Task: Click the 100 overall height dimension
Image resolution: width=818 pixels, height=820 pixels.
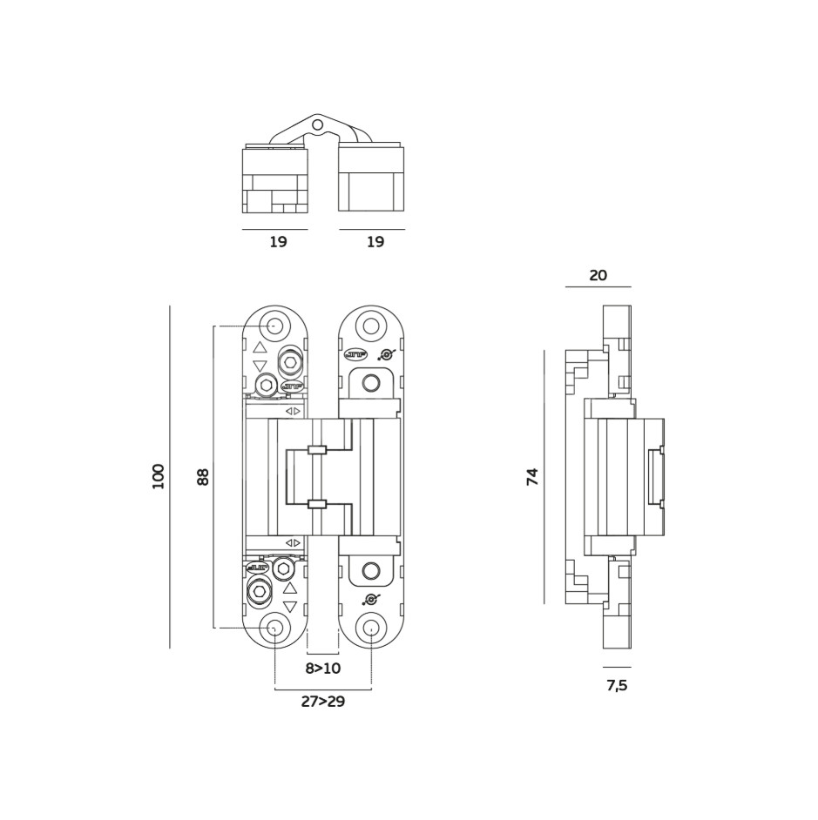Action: (x=159, y=476)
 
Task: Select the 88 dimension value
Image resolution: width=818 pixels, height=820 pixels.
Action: (x=204, y=476)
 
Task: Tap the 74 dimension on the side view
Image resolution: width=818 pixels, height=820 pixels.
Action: (x=533, y=476)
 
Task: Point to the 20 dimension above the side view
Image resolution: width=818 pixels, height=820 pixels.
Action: (x=598, y=275)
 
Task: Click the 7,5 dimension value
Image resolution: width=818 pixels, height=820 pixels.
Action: (x=617, y=686)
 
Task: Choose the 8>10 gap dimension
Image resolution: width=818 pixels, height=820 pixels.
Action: (x=322, y=669)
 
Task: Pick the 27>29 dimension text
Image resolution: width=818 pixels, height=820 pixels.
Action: (x=322, y=702)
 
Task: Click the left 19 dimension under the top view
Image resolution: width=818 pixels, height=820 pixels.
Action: (x=278, y=243)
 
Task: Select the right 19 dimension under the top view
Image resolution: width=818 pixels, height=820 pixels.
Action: (x=375, y=243)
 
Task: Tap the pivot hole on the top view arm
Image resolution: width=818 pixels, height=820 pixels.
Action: (x=318, y=125)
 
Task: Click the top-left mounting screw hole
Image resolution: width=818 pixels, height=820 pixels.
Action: (x=274, y=326)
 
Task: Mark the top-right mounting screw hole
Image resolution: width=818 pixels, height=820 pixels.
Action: (x=371, y=326)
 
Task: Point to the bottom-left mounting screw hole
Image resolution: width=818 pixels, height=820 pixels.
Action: (x=274, y=628)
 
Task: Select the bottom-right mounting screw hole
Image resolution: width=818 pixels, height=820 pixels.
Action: (x=371, y=628)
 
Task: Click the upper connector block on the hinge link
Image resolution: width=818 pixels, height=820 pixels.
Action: (x=317, y=450)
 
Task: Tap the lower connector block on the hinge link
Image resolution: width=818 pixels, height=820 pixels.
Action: (x=317, y=504)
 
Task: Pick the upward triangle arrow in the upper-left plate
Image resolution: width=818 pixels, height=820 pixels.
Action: (x=260, y=347)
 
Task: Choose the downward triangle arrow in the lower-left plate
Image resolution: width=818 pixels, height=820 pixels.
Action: (x=290, y=607)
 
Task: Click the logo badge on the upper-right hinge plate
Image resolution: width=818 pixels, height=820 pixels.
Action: (x=354, y=354)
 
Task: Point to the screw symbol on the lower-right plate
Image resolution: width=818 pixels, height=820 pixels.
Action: (x=372, y=599)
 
